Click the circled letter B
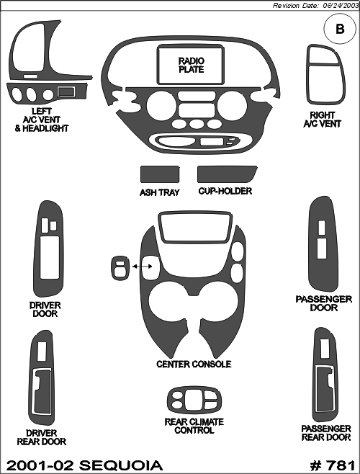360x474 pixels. (340, 29)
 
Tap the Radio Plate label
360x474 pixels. (191, 65)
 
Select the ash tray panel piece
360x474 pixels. (160, 174)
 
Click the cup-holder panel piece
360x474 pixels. (227, 174)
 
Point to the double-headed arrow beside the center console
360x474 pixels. (143, 266)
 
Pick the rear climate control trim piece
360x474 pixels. (194, 400)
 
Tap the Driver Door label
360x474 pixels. (45, 309)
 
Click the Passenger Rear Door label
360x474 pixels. (326, 433)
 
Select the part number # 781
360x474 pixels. (333, 465)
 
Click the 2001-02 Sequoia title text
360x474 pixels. (84, 465)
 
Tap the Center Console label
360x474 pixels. (194, 364)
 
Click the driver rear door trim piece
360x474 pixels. (32, 378)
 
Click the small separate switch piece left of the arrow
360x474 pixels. (121, 268)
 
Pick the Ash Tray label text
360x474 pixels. (159, 192)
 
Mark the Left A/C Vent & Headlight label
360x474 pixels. (42, 120)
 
